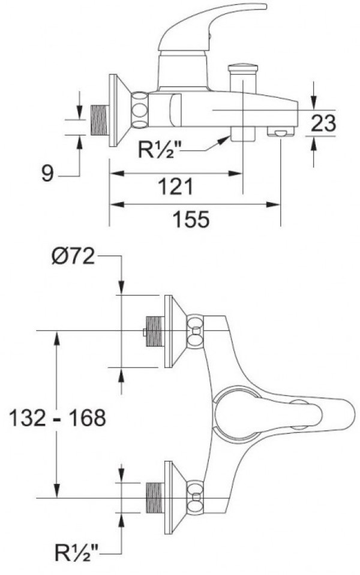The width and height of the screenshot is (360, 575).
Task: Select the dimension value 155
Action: click(191, 219)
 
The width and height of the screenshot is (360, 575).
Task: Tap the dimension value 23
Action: click(323, 123)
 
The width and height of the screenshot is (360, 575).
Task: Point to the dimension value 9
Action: click(48, 173)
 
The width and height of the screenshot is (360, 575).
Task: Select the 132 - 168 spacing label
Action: click(57, 418)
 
